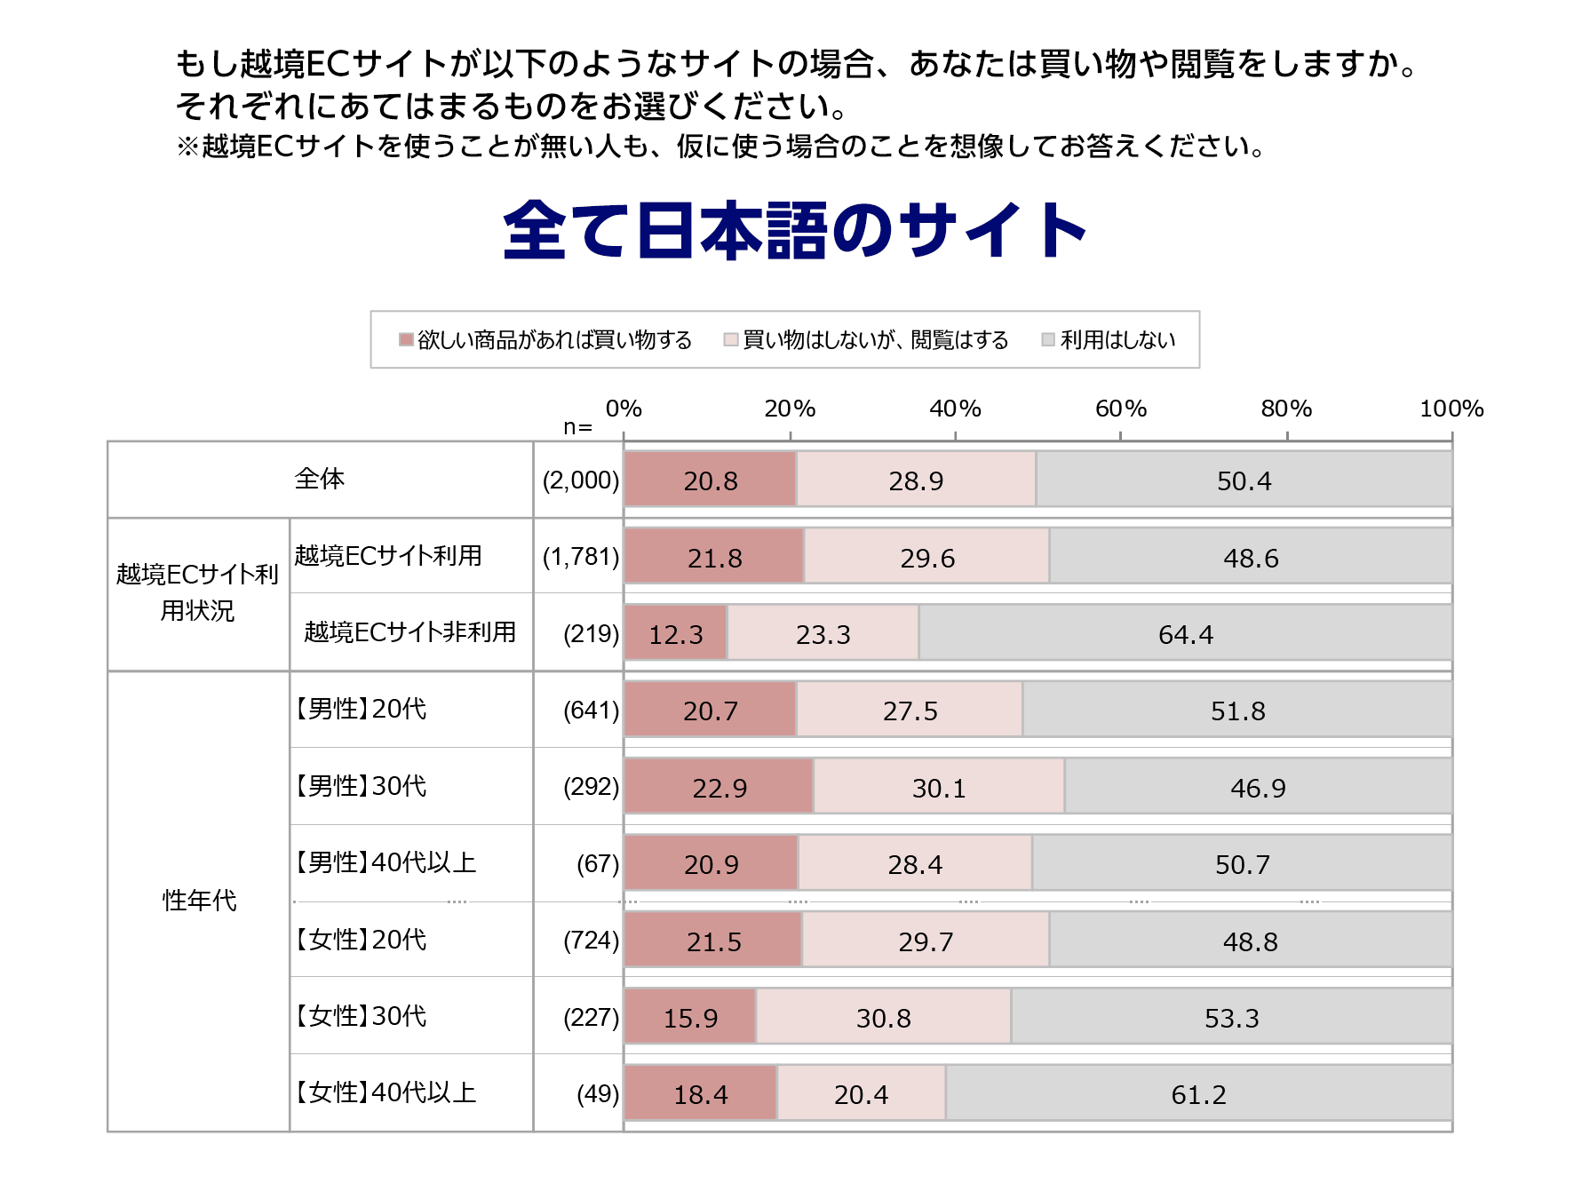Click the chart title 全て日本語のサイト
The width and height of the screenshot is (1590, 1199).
pyautogui.click(x=794, y=230)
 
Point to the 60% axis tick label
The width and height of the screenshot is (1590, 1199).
pyautogui.click(x=1120, y=409)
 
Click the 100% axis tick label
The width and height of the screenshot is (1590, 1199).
pyautogui.click(x=1451, y=409)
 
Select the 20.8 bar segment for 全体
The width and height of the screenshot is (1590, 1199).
pyautogui.click(x=710, y=480)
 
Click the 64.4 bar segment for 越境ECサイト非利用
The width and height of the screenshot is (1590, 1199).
pyautogui.click(x=1185, y=634)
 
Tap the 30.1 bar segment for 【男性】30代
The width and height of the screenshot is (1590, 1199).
pyautogui.click(x=939, y=787)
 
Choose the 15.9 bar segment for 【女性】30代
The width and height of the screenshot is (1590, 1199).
pyautogui.click(x=690, y=1017)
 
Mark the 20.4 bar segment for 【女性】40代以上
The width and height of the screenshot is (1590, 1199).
pyautogui.click(x=861, y=1094)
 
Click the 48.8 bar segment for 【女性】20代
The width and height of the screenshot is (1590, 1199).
pyautogui.click(x=1250, y=941)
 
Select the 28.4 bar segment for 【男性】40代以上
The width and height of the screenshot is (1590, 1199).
pyautogui.click(x=915, y=864)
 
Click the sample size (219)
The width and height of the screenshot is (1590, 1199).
pyautogui.click(x=591, y=634)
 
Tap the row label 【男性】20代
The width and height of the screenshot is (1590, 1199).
pyautogui.click(x=360, y=709)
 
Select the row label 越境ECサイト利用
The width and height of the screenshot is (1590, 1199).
pyautogui.click(x=388, y=556)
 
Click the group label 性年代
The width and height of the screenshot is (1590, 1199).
pyautogui.click(x=199, y=901)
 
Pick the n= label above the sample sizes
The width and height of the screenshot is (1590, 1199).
pyautogui.click(x=577, y=427)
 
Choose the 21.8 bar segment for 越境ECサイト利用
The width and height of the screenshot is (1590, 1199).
pyautogui.click(x=714, y=558)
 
